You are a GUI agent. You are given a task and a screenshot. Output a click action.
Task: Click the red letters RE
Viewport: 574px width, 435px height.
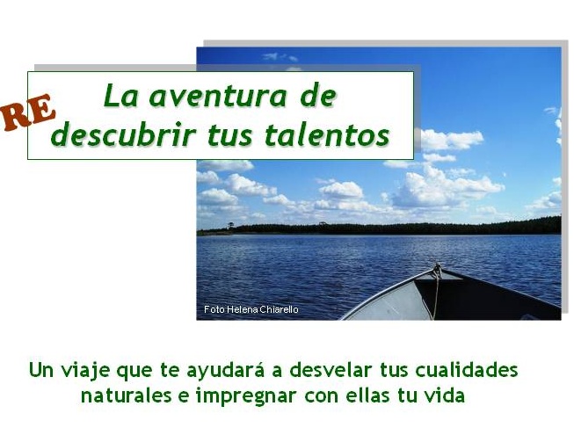pyautogui.click(x=28, y=112)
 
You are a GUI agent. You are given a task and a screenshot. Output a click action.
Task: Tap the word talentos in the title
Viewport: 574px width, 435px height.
pyautogui.click(x=327, y=135)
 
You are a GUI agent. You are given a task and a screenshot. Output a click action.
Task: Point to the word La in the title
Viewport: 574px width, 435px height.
pyautogui.click(x=121, y=96)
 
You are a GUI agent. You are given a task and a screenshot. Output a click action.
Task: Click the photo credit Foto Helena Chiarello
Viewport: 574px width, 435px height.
pyautogui.click(x=251, y=309)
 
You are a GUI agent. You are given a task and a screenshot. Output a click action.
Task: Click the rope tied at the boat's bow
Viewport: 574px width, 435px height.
pyautogui.click(x=436, y=289)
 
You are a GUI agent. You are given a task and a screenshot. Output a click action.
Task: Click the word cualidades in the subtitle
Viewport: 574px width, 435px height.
pyautogui.click(x=467, y=369)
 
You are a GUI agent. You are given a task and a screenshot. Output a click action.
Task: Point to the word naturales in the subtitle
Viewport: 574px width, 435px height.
pyautogui.click(x=127, y=395)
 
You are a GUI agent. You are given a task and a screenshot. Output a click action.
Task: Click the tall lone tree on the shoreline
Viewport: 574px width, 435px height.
pyautogui.click(x=229, y=226)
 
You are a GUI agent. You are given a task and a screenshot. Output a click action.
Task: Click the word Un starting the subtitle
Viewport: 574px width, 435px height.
pyautogui.click(x=41, y=370)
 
